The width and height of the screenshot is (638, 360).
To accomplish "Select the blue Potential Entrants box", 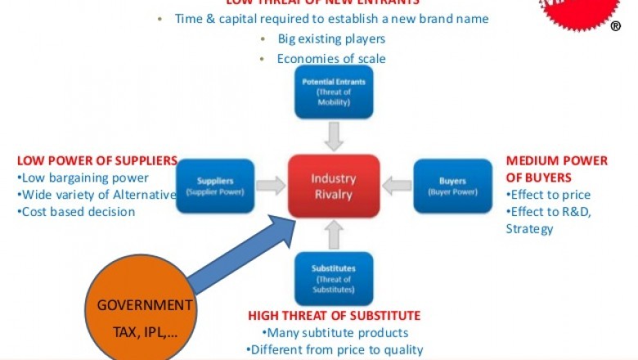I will (x=333, y=92).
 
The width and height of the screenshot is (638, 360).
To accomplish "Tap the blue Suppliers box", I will (x=215, y=186).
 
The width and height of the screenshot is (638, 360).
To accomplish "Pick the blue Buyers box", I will (x=452, y=186).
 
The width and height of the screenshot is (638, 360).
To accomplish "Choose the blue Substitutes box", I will (x=333, y=278).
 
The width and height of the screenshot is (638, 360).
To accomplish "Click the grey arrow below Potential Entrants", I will (x=333, y=135).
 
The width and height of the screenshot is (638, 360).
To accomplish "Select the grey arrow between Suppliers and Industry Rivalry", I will (x=272, y=186).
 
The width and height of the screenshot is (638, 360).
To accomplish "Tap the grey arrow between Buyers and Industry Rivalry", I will (x=397, y=186).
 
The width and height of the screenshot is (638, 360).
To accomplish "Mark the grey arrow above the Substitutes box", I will (x=333, y=235).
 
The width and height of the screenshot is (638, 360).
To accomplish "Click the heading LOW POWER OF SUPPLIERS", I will (x=97, y=160).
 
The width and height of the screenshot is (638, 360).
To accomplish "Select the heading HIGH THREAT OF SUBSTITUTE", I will (x=334, y=315).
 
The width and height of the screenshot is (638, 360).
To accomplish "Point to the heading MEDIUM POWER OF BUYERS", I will (x=557, y=169).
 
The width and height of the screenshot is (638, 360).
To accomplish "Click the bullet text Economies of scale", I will (x=330, y=58).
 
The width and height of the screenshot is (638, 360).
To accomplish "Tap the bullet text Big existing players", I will (x=330, y=38).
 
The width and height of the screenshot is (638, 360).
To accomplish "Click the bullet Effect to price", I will (x=548, y=195).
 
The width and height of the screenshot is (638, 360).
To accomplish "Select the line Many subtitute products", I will (x=335, y=332).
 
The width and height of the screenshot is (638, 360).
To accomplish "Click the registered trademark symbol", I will (x=616, y=25).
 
